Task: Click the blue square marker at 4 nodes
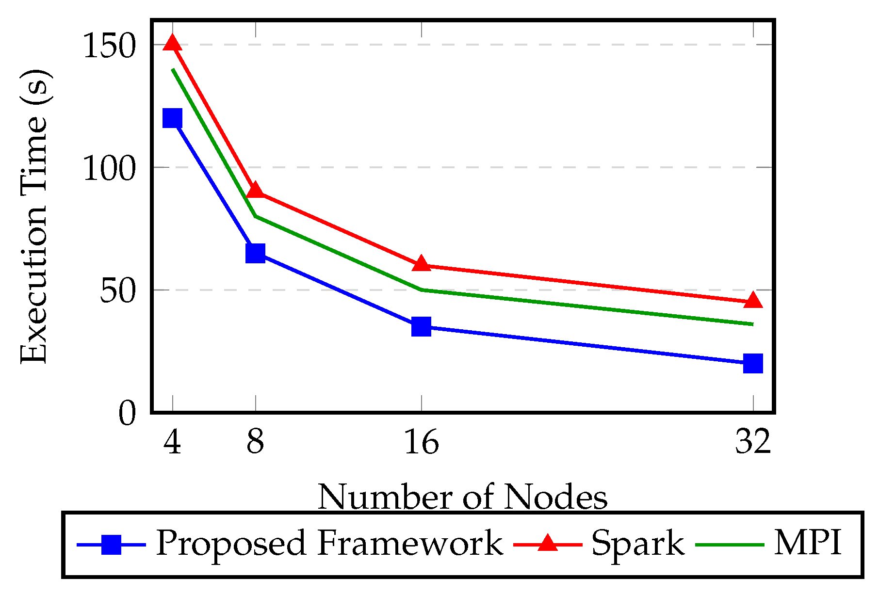point(172,118)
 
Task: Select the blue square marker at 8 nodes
point(255,253)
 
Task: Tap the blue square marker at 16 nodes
point(421,326)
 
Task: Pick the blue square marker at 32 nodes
point(753,363)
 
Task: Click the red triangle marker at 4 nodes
point(172,44)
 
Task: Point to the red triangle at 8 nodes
point(255,191)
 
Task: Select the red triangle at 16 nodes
point(421,264)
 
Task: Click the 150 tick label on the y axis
point(108,47)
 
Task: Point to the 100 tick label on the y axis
point(108,170)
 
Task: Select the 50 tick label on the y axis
point(116,292)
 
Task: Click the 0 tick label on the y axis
point(127,415)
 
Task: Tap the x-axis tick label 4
point(172,442)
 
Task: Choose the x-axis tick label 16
point(421,442)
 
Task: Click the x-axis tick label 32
point(753,442)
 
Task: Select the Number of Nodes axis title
point(462,497)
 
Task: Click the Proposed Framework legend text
point(329,543)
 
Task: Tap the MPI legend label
point(807,543)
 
